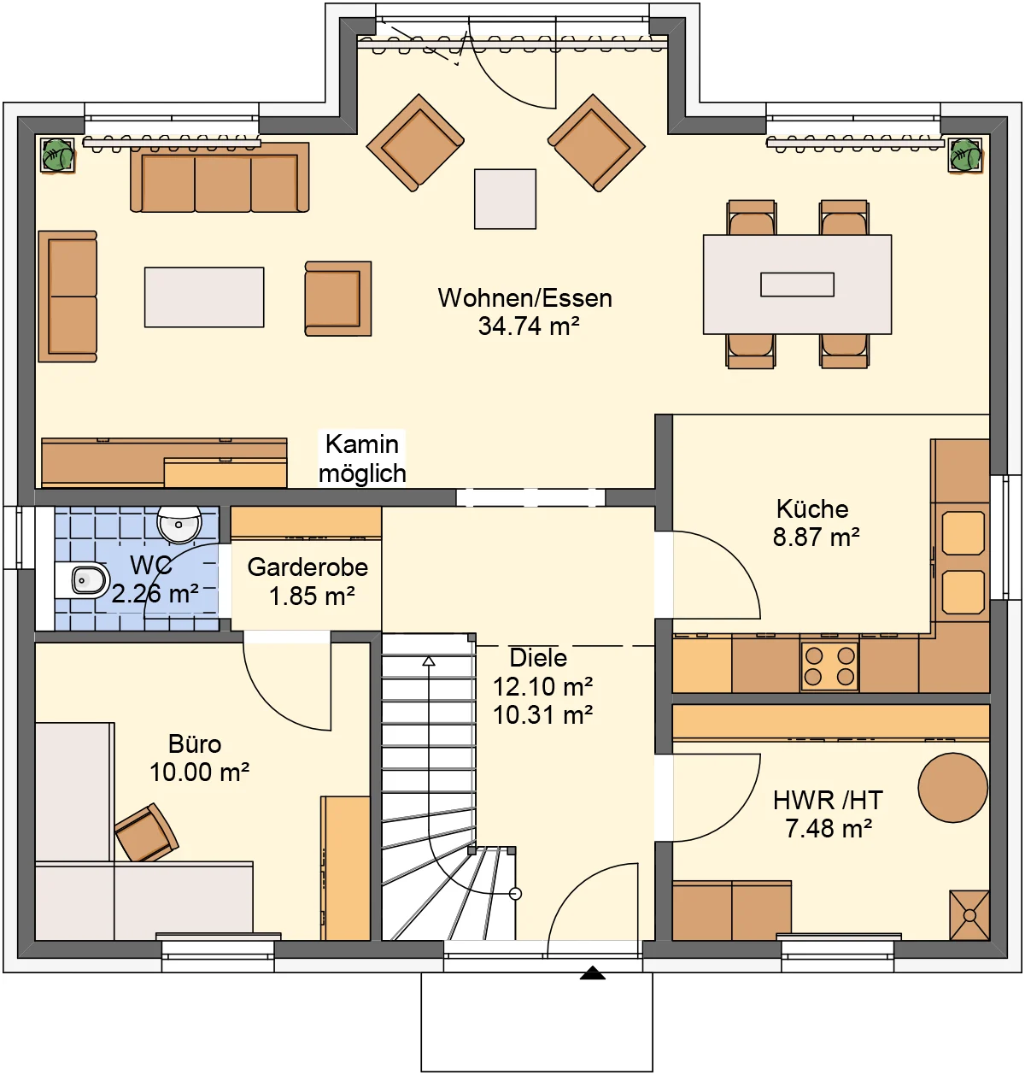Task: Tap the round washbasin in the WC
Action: [x=179, y=524]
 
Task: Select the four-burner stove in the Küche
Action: [x=829, y=666]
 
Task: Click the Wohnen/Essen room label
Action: [x=524, y=298]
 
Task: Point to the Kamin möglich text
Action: [x=362, y=459]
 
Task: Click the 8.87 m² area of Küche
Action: [x=816, y=537]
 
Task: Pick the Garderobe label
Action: [x=307, y=567]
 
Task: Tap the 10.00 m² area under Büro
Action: [x=200, y=772]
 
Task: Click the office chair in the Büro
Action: [x=146, y=833]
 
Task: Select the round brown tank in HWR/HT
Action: [x=953, y=787]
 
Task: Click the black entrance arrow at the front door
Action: [x=593, y=972]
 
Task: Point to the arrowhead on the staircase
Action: [x=429, y=661]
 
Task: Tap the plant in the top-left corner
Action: [x=57, y=155]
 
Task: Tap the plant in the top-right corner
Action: [x=965, y=155]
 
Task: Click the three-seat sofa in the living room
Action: [x=220, y=177]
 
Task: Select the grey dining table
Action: [x=797, y=285]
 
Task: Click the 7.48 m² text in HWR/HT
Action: [x=829, y=828]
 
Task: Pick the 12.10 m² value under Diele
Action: [x=543, y=686]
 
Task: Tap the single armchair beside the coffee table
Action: [x=338, y=298]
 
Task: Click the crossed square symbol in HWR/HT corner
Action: [x=969, y=915]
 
